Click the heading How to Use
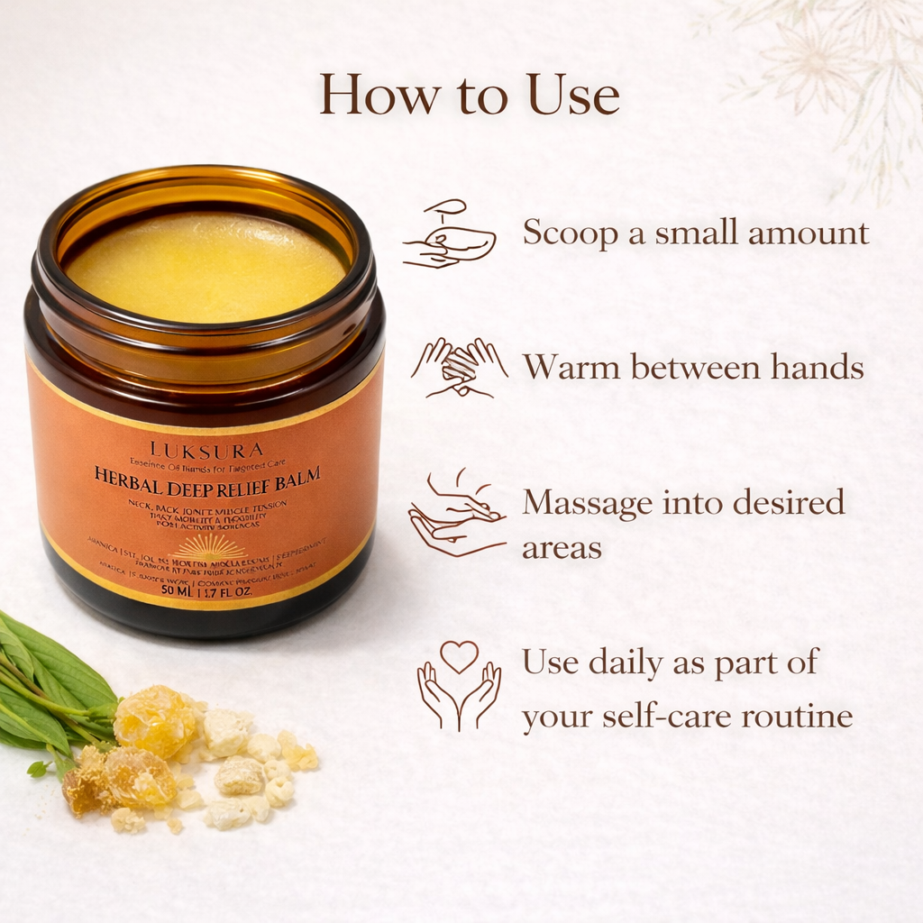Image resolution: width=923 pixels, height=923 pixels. pos(470,95)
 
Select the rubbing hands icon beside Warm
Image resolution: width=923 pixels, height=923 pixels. pos(459,368)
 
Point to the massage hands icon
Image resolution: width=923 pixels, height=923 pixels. pos(456,513)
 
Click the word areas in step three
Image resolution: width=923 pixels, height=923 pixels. pos(562,547)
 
